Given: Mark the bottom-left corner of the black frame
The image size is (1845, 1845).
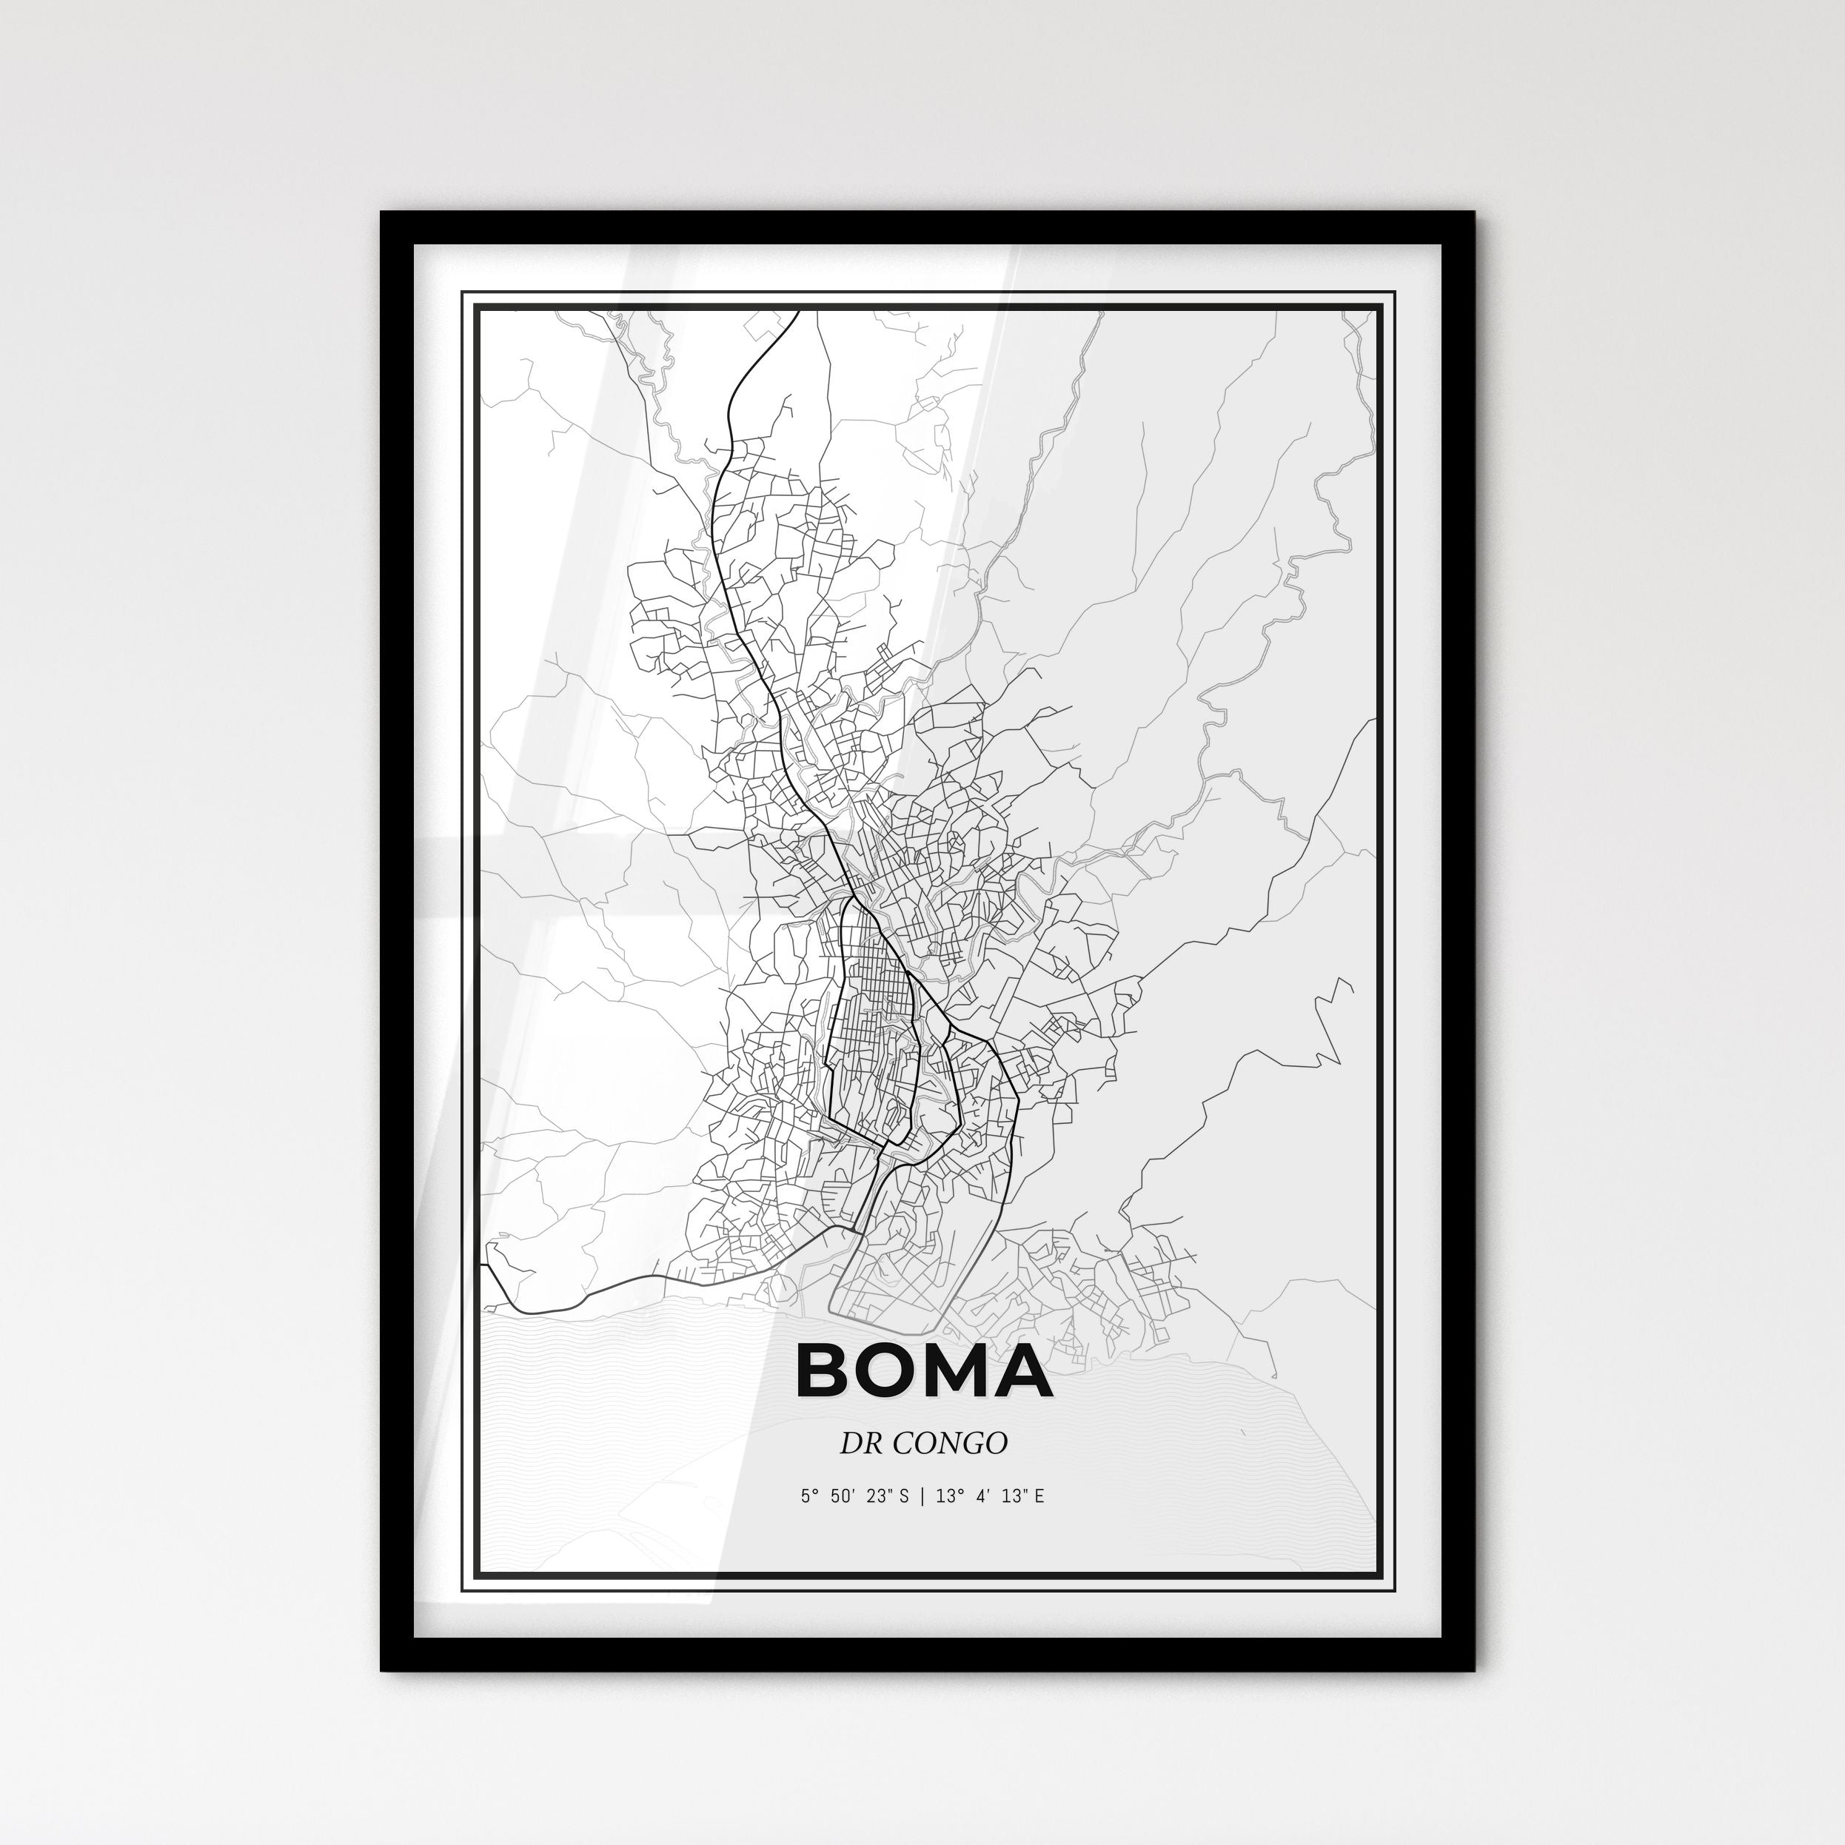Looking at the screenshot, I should click(x=383, y=1667).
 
